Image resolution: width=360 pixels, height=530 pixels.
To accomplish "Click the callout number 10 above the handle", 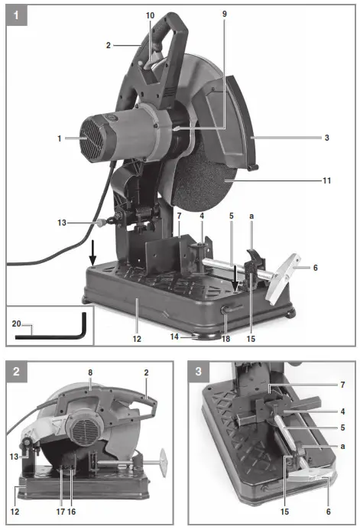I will tap(150, 15).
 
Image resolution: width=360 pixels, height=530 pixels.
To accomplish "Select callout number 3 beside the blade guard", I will tap(326, 138).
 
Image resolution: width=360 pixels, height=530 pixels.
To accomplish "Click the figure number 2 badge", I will tap(18, 374).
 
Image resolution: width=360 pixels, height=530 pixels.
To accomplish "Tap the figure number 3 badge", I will tap(199, 374).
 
